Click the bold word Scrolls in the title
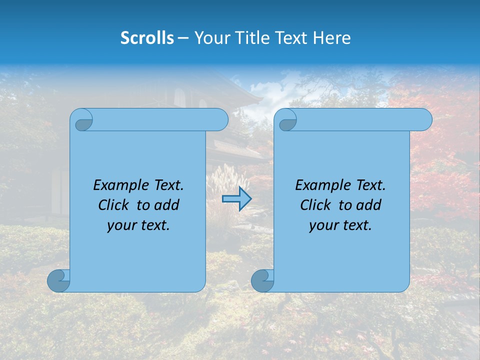click(x=147, y=38)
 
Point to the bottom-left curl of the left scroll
click(x=58, y=280)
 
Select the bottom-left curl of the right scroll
click(x=262, y=280)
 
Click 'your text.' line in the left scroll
click(x=138, y=225)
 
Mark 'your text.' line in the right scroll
click(x=340, y=225)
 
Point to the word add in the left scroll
click(x=167, y=205)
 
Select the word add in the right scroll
click(x=369, y=205)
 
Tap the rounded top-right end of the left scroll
click(x=220, y=120)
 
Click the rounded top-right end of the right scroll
click(x=424, y=120)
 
